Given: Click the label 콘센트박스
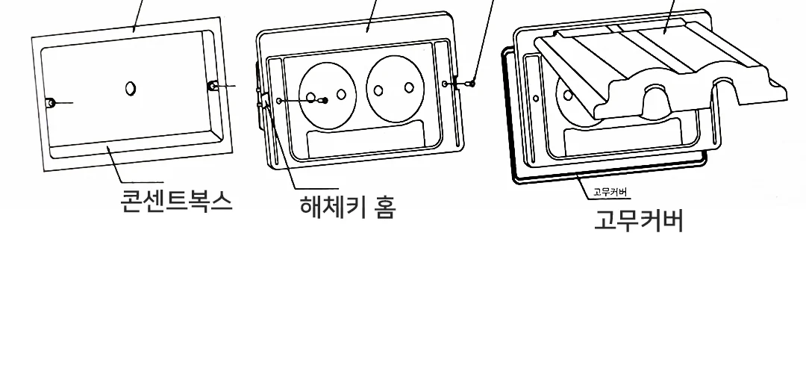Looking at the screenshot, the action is (x=176, y=201).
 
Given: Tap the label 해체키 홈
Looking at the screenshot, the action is (x=348, y=207).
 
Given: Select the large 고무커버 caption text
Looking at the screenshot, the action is (x=639, y=220).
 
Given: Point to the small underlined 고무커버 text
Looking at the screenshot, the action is (x=610, y=192).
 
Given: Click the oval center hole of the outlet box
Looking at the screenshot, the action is (x=131, y=88).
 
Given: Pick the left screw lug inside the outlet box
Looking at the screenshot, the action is (x=51, y=103).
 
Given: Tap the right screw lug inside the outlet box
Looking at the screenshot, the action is (x=213, y=86).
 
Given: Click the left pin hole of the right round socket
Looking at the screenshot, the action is (x=378, y=91).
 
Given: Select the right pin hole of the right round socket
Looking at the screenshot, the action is (x=409, y=87).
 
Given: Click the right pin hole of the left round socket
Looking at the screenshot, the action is (x=341, y=94).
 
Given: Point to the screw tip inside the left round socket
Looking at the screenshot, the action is (x=325, y=101).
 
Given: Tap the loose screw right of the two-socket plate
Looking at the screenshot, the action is (x=472, y=84).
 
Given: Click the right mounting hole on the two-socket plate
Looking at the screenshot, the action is (x=445, y=84).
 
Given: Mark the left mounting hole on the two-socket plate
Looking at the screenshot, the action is (x=279, y=102).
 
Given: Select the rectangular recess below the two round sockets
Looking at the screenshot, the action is (x=366, y=137).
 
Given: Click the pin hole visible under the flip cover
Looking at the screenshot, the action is (x=568, y=95).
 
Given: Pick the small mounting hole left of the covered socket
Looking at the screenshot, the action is (x=536, y=98).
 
